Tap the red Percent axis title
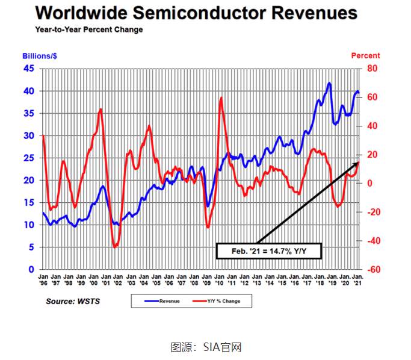pos(365,56)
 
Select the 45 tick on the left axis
pos(29,69)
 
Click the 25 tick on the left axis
pos(29,158)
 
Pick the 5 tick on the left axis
pos(30,247)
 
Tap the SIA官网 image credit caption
pos(206,347)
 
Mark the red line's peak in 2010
pos(221,98)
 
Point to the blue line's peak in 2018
pos(329,83)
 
